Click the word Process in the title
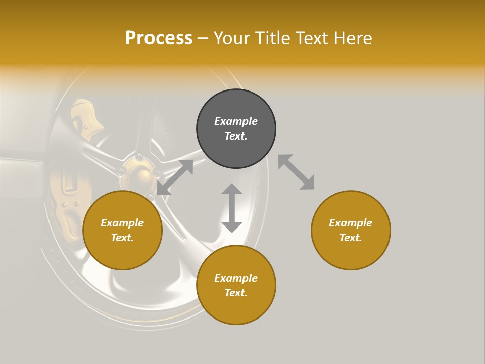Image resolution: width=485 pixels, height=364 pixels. (159, 38)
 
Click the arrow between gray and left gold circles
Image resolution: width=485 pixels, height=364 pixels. (175, 177)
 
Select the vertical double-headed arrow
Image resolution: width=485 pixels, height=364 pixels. (232, 208)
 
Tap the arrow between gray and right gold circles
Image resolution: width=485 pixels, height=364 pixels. (296, 172)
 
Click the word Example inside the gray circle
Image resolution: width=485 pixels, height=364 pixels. (236, 121)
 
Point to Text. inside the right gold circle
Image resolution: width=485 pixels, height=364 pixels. (351, 238)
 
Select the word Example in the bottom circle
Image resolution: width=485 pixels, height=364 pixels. (236, 278)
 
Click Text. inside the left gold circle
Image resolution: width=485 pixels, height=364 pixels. (122, 238)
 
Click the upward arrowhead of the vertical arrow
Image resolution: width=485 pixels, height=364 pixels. (232, 189)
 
